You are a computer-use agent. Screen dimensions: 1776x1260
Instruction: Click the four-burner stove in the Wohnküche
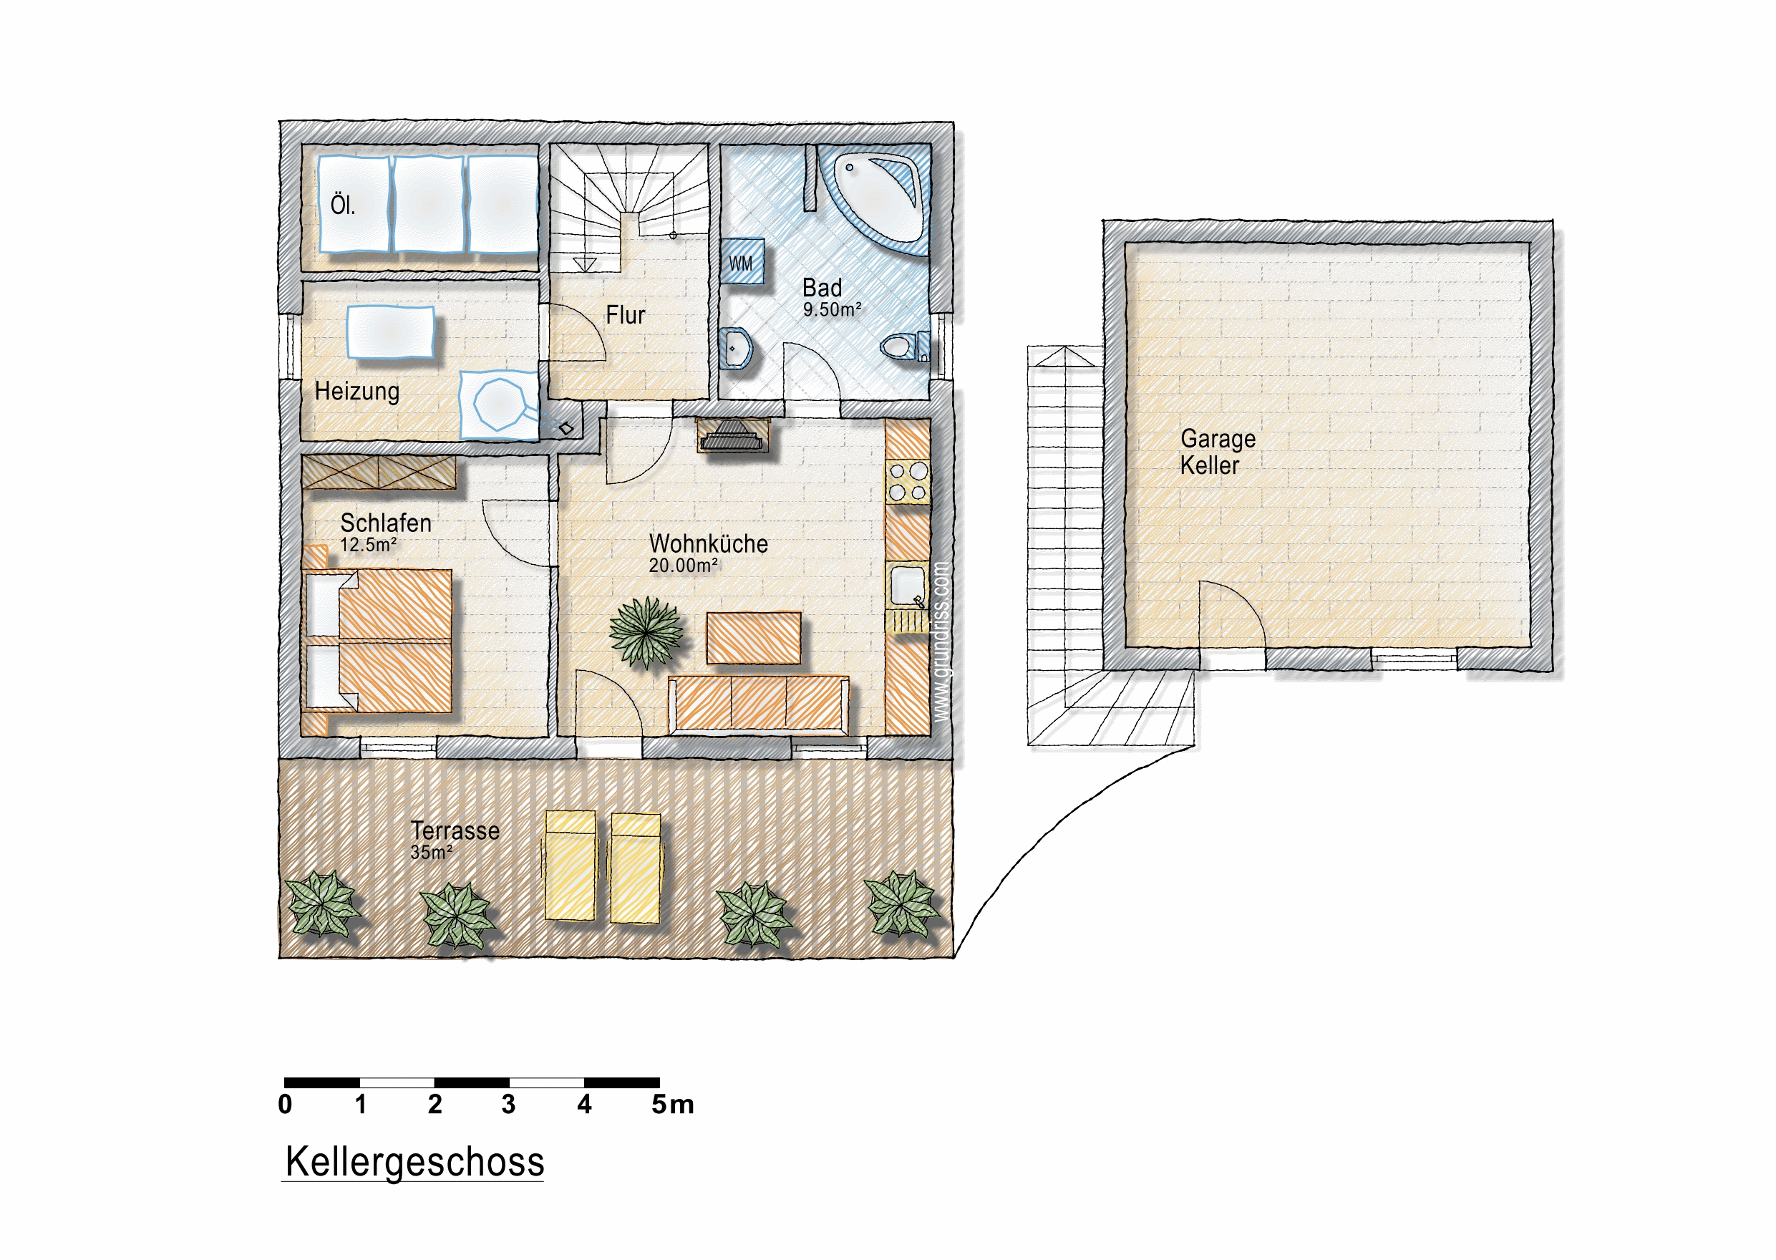[x=908, y=481]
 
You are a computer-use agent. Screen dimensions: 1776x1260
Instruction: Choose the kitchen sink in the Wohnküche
[x=908, y=586]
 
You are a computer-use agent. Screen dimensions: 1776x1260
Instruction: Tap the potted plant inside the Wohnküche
[x=646, y=632]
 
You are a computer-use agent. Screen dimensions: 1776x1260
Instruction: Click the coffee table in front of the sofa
[x=753, y=638]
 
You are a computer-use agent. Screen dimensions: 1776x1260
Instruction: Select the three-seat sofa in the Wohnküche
[x=759, y=704]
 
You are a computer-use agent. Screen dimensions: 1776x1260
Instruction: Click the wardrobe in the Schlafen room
[x=379, y=472]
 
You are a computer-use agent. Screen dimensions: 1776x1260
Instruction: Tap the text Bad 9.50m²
[x=832, y=298]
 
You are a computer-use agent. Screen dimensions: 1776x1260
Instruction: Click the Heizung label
[x=357, y=391]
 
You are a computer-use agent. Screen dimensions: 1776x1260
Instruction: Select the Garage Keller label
[x=1217, y=452]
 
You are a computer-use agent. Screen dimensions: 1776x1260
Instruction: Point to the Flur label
[x=626, y=315]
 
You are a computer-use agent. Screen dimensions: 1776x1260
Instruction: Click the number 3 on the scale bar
[x=508, y=1104]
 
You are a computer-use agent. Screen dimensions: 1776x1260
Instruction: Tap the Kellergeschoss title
[x=414, y=1161]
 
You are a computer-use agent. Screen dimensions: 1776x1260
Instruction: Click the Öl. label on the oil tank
[x=343, y=205]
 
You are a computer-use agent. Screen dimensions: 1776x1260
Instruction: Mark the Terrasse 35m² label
[x=455, y=840]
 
